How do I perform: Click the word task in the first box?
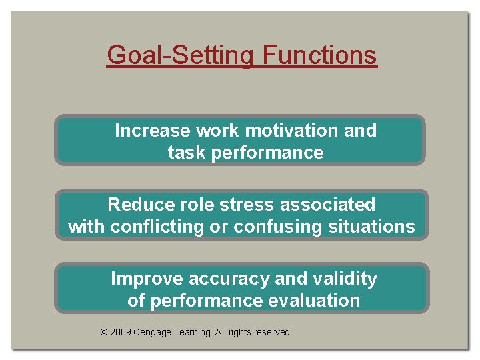pyautogui.click(x=186, y=153)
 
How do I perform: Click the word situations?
pyautogui.click(x=371, y=227)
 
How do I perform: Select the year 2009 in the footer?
pyautogui.click(x=120, y=332)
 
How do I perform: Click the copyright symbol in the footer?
pyautogui.click(x=103, y=332)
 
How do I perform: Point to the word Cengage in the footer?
pyautogui.click(x=152, y=332)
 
